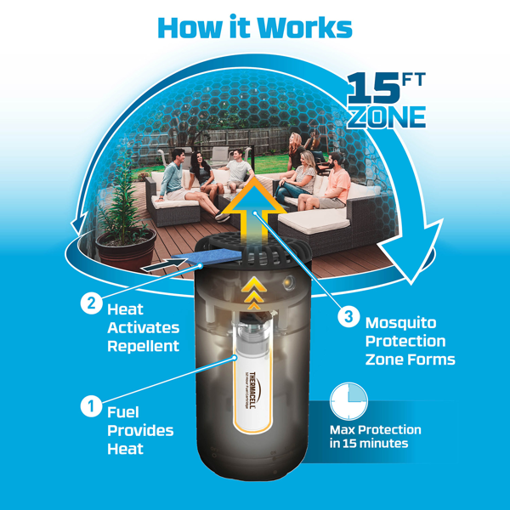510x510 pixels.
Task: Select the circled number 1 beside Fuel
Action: click(90, 406)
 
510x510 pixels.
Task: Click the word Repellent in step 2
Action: click(144, 346)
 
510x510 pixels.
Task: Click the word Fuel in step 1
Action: click(123, 411)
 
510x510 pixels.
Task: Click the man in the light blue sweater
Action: click(173, 175)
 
